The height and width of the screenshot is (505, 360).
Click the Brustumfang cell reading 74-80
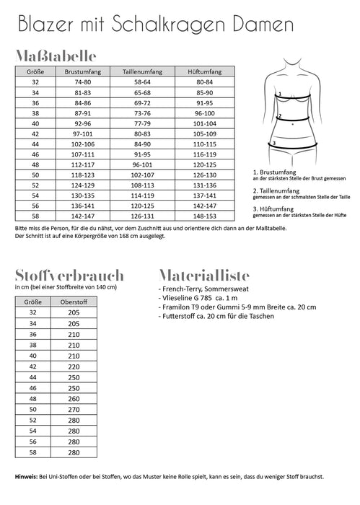tap(82, 82)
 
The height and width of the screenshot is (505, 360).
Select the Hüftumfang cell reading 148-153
tap(203, 214)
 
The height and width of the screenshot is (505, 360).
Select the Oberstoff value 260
tap(73, 398)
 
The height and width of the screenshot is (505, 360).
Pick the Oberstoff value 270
tap(73, 409)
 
